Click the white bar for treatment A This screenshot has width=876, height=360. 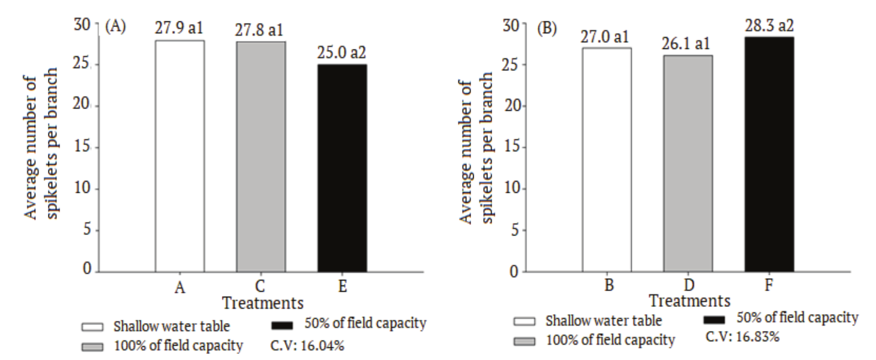179,156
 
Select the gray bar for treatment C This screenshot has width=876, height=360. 261,156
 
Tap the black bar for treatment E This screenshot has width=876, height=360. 342,168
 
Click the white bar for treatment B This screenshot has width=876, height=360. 607,159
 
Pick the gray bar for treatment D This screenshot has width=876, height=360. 688,163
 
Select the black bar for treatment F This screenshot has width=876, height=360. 769,154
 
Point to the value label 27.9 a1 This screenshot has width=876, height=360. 179,28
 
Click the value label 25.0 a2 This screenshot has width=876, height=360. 342,53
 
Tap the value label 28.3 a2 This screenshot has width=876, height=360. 769,25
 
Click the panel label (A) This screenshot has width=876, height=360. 115,27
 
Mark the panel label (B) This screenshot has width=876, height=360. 547,28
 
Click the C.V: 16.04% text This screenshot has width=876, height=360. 307,346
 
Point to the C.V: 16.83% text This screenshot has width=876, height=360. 742,337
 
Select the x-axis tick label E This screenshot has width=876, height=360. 342,287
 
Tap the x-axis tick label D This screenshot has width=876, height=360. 688,285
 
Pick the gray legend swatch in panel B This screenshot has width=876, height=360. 525,341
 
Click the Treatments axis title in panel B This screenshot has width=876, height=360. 689,300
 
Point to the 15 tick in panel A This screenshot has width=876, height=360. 83,147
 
